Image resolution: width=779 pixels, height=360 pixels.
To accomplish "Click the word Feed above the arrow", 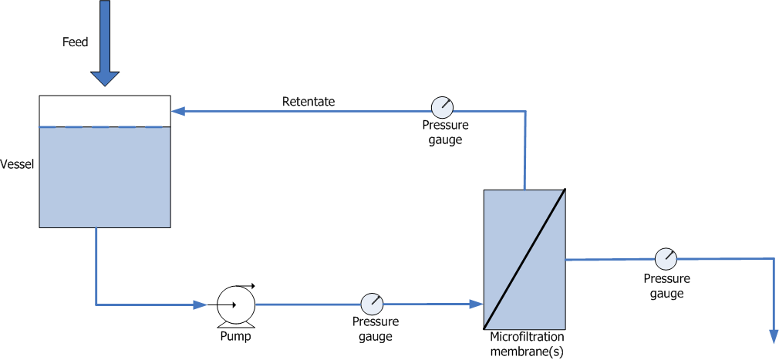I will point(76,42).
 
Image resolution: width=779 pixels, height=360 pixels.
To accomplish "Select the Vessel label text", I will point(17,164).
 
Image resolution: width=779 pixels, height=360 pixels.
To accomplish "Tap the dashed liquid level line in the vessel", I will point(104,127).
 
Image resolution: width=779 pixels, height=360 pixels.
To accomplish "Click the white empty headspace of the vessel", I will point(104,111).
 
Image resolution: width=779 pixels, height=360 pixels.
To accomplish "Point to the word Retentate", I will point(308,101).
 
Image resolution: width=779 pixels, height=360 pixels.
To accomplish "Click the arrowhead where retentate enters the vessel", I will point(177,111).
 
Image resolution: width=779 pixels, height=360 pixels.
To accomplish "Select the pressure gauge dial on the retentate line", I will point(442,107).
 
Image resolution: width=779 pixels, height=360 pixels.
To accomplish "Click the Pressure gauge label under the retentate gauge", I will point(445,132).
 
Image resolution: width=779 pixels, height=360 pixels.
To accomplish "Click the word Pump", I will point(234,336).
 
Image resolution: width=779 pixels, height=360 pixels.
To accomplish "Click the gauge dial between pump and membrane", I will point(372,303).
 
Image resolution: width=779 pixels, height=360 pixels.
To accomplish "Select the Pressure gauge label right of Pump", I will point(375,329).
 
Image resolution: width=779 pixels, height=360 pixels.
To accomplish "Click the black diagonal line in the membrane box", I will point(524,258).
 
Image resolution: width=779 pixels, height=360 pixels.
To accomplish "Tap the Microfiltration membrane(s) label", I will point(527,343).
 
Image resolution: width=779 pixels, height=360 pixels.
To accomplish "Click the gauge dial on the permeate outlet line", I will point(665,259).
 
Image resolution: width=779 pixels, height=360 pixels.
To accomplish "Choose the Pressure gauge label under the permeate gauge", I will point(666,286).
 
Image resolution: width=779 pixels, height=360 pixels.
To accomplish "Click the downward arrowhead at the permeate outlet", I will point(773,335).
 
